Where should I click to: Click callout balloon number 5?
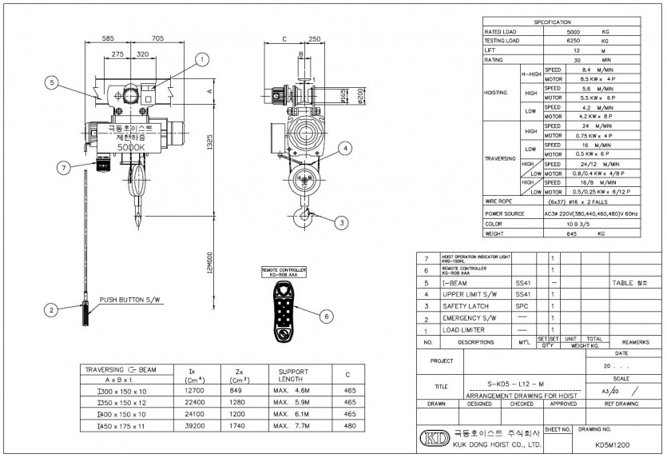point(51,82)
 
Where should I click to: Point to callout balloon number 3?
point(341,223)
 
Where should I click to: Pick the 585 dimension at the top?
point(109,38)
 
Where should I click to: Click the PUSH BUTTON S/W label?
point(130,301)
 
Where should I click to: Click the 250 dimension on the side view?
point(314,38)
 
